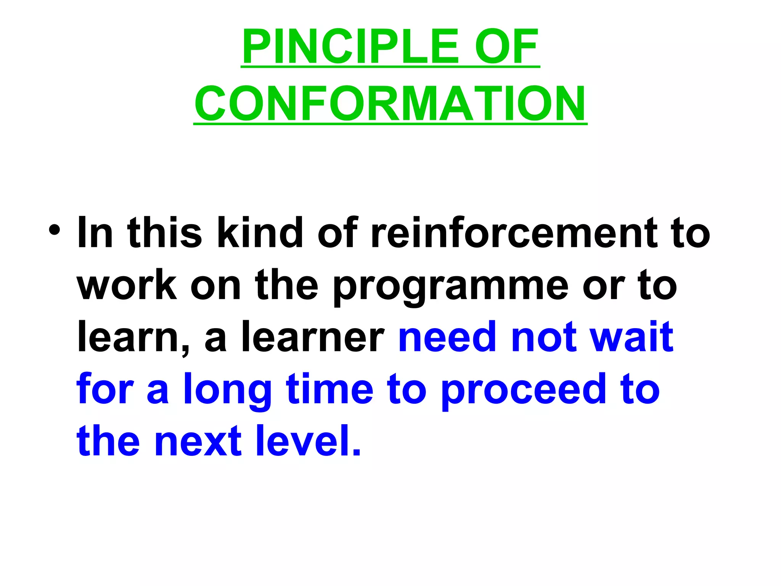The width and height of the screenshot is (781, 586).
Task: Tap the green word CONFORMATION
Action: pyautogui.click(x=390, y=103)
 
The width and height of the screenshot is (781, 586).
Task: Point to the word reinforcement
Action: pyautogui.click(x=513, y=232)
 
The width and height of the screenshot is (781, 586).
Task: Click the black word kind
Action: pyautogui.click(x=260, y=232)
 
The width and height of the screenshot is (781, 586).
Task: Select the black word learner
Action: pyautogui.click(x=313, y=336)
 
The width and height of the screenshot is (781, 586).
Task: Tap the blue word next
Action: pyautogui.click(x=198, y=442)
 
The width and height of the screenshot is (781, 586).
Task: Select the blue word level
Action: pyautogui.click(x=308, y=441)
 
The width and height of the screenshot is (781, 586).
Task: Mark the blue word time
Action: pyautogui.click(x=330, y=389)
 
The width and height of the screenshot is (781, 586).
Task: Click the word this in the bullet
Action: pyautogui.click(x=165, y=232)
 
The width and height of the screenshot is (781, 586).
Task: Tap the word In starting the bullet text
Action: pyautogui.click(x=95, y=232)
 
